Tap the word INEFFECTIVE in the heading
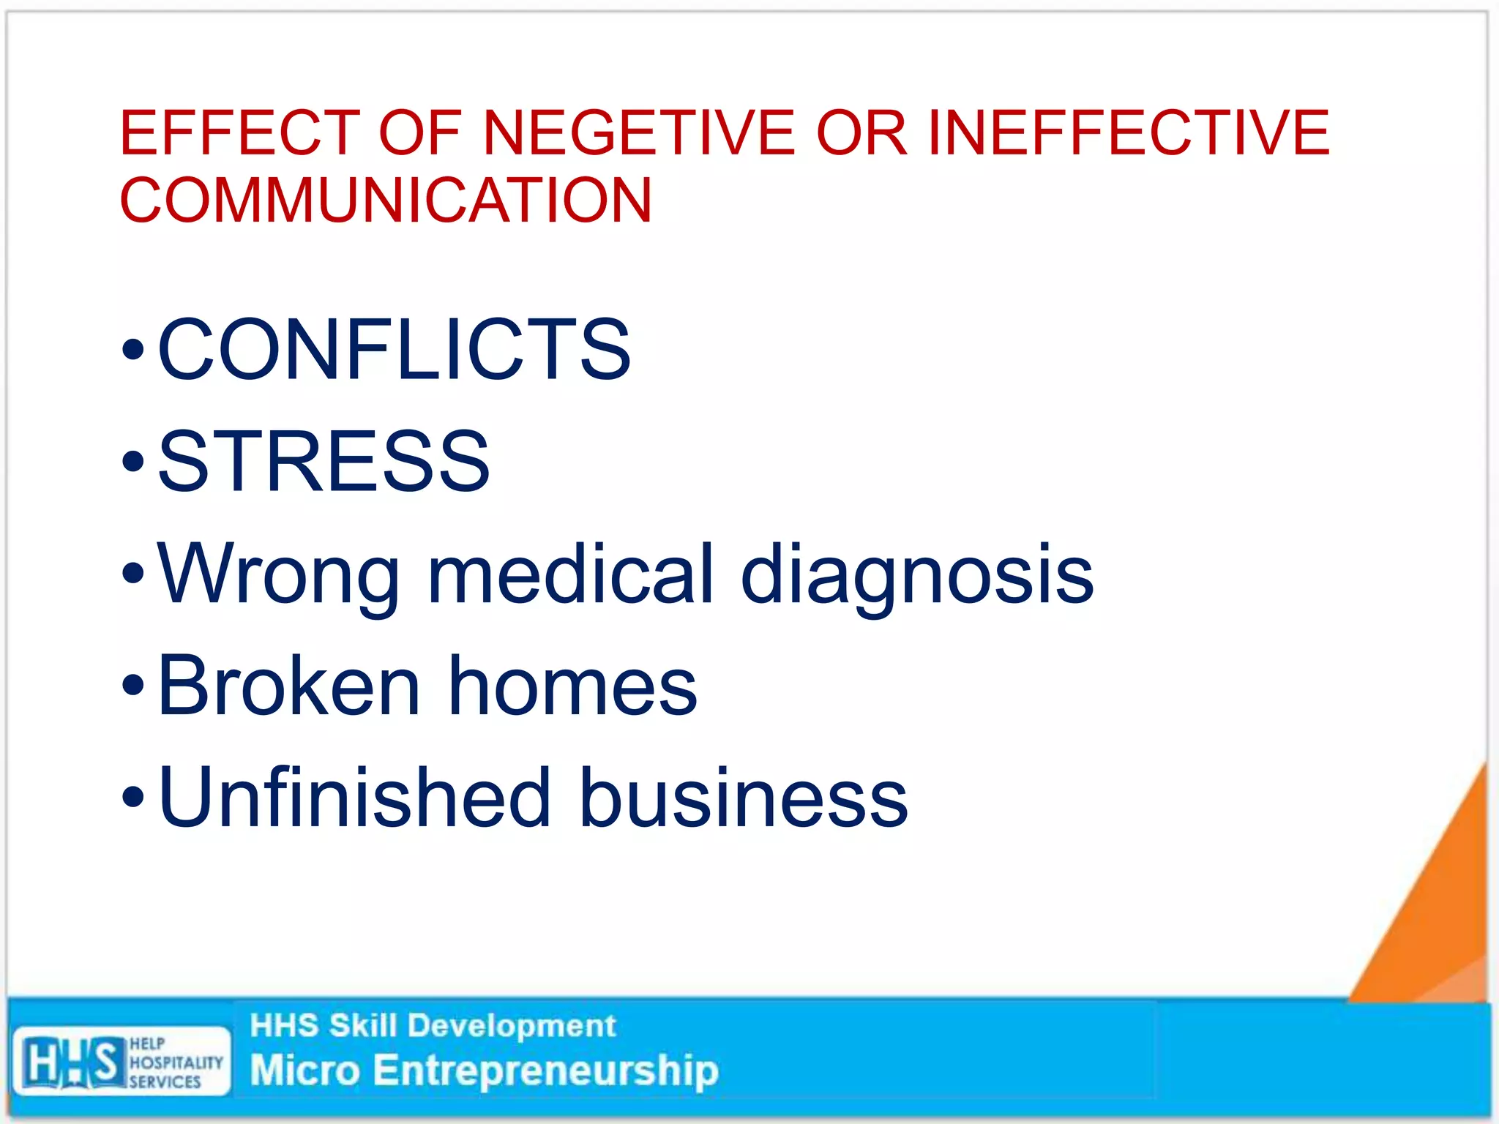1128,132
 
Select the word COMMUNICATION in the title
386,200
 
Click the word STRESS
324,461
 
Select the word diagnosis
916,575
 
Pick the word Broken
288,686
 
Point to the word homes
572,686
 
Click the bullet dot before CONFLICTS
133,351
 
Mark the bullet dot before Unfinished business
133,798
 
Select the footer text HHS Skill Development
433,1026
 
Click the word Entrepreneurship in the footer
545,1071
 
